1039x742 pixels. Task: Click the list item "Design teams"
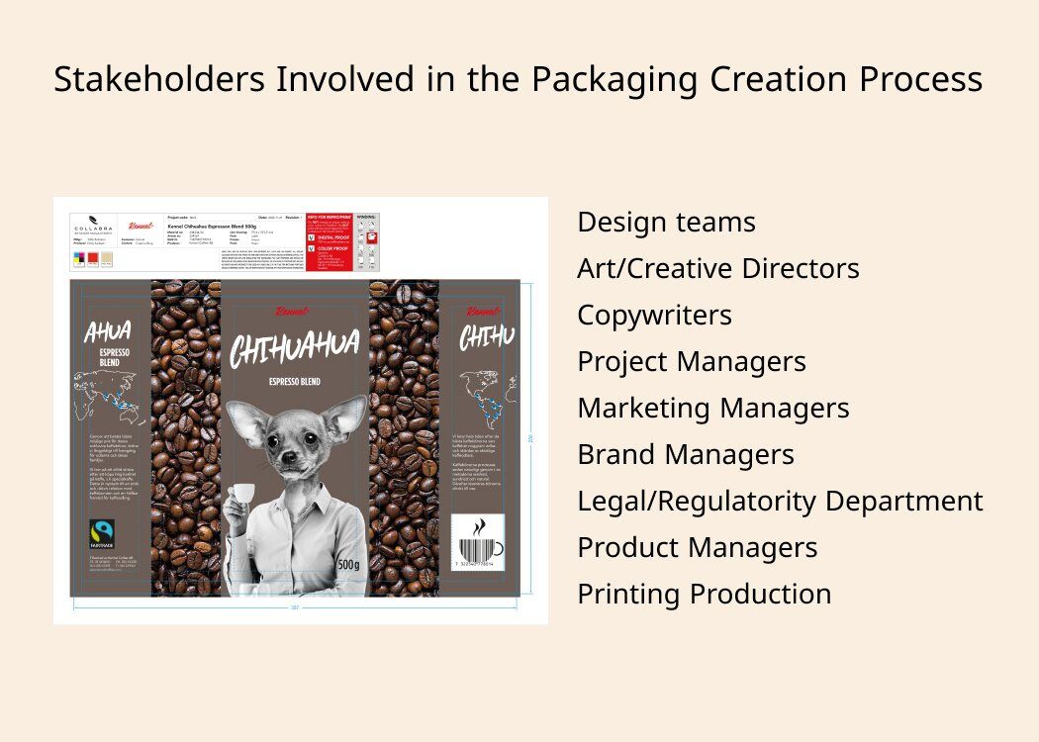(666, 223)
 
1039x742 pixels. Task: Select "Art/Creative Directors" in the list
(717, 269)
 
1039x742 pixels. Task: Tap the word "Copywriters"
(654, 316)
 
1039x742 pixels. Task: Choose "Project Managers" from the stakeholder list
(691, 362)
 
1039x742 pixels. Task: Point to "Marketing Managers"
(712, 409)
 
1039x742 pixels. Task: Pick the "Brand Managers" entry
(685, 455)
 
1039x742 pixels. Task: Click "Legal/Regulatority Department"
(780, 502)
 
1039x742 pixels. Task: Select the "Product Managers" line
(697, 548)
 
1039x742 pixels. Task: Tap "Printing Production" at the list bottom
(704, 595)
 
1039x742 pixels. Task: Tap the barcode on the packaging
(477, 550)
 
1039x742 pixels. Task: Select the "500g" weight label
(348, 564)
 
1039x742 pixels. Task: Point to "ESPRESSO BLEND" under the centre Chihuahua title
(294, 381)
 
